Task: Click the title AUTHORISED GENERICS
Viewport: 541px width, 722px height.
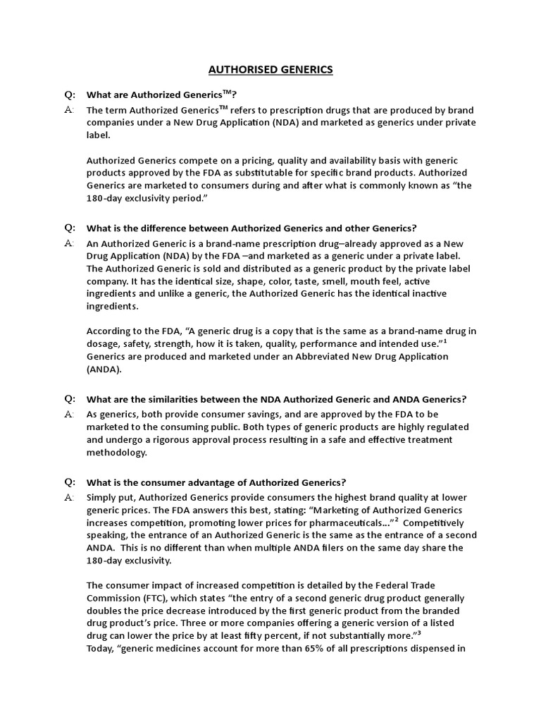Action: point(270,70)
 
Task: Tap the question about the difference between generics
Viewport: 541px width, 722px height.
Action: point(251,228)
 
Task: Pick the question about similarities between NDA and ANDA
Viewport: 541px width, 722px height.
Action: point(276,399)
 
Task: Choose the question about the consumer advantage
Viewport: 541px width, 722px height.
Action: point(216,482)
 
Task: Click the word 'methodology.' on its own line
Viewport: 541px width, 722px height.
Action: point(117,453)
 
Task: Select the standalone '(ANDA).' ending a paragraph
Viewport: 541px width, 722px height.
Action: point(104,369)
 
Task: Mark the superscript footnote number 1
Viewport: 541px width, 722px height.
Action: point(445,341)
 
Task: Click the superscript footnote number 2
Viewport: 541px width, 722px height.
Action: point(397,520)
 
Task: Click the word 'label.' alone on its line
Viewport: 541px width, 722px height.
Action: point(99,135)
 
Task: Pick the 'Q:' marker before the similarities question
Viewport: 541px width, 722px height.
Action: point(70,399)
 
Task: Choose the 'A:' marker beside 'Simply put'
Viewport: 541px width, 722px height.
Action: point(69,498)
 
